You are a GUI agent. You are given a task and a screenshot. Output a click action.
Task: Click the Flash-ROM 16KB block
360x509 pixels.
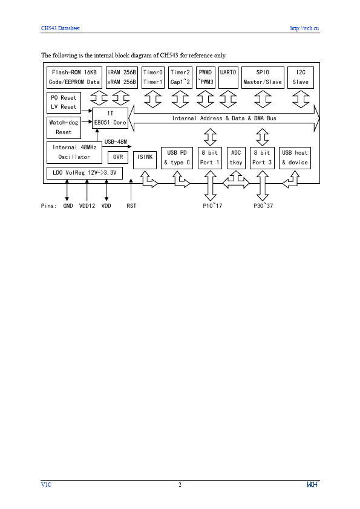74,77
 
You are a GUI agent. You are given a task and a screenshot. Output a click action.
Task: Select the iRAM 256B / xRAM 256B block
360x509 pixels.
122,77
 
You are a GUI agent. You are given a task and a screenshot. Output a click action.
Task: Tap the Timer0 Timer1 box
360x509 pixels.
152,77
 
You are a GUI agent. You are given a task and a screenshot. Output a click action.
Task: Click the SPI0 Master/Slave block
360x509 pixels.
262,77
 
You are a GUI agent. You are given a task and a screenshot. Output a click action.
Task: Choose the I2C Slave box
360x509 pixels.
300,77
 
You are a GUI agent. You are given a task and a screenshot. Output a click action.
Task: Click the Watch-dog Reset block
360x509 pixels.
63,128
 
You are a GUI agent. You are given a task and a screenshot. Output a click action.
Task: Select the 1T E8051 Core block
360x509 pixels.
110,118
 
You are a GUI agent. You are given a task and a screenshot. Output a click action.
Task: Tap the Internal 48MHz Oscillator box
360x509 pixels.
74,152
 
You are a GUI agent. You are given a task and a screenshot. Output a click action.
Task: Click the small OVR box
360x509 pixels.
117,157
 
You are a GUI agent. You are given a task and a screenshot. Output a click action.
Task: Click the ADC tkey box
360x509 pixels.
236,158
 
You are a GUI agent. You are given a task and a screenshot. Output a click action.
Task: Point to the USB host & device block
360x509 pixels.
295,158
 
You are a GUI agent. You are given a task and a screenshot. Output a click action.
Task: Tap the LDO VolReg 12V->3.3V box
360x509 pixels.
84,173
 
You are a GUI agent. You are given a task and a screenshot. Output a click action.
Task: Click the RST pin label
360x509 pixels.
131,206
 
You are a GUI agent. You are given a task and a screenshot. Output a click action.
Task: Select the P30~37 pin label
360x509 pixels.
263,206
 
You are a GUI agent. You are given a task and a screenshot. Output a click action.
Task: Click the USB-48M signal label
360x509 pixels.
116,141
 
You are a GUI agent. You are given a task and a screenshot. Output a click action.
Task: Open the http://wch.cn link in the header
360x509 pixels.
304,28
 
